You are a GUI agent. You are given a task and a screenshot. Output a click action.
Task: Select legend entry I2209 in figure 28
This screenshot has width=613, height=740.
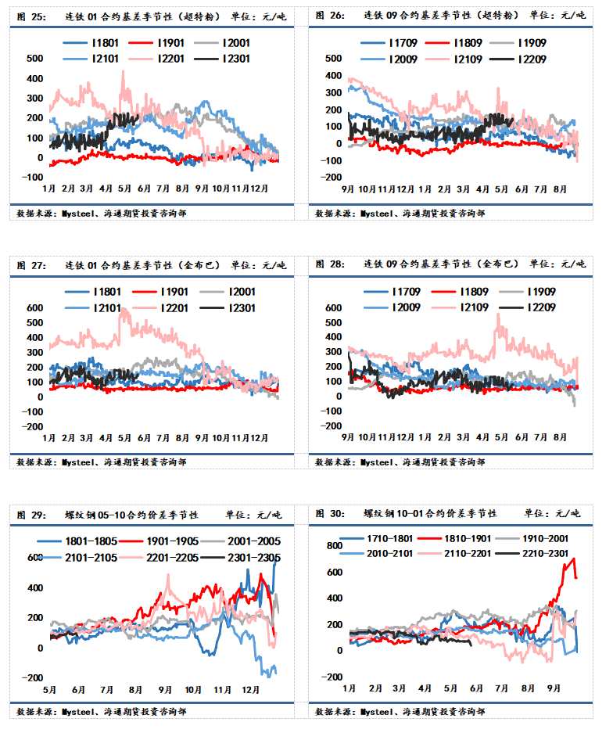(x=538, y=307)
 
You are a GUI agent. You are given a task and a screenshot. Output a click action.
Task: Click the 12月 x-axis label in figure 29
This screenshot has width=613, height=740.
(x=251, y=691)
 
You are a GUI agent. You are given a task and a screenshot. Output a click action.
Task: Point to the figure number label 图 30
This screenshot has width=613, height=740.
(x=329, y=514)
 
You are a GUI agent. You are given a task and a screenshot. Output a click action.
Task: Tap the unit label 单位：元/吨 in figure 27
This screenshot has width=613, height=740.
(x=259, y=265)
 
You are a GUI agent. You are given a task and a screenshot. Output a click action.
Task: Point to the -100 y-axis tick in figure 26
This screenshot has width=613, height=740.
(x=332, y=160)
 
